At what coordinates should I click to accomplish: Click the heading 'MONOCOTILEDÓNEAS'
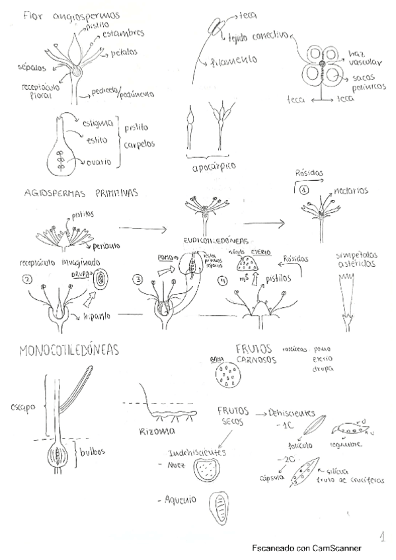(69, 350)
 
